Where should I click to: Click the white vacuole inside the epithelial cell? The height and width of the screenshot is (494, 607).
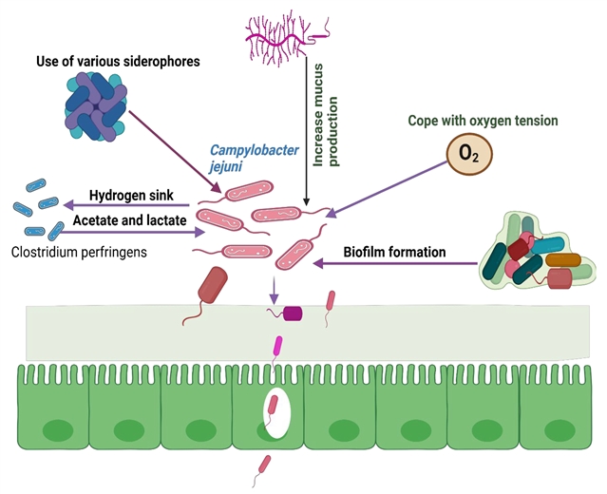coord(276,413)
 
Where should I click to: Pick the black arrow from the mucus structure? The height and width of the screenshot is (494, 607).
coord(307,142)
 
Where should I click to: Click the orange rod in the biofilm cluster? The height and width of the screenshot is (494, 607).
coord(560,258)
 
